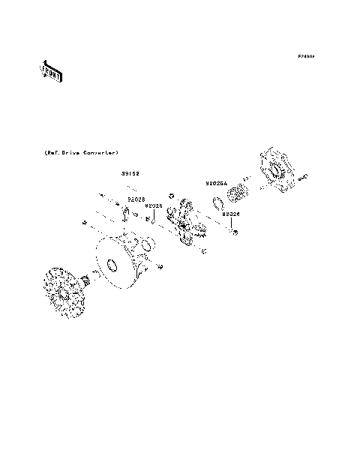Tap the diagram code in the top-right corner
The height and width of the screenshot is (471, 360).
pos(305,56)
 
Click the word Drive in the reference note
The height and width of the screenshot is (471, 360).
pos(71,152)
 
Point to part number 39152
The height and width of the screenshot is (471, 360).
pos(130,173)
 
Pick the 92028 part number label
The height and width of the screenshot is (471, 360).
pos(136,199)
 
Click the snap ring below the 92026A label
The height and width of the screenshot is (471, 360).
pos(218,204)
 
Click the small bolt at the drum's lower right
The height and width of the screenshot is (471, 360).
pos(160,266)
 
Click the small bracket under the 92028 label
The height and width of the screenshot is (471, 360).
pos(125,215)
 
